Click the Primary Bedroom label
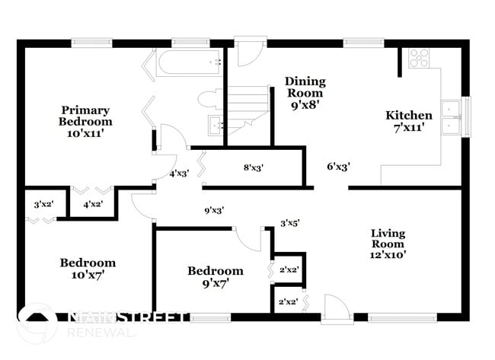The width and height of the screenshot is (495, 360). (x=85, y=121)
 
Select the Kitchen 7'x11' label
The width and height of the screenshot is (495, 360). (x=409, y=121)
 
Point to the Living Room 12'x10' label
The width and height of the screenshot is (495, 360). (x=388, y=244)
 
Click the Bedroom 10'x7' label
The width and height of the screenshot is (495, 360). (x=88, y=269)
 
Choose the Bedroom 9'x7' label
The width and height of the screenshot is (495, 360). (x=216, y=277)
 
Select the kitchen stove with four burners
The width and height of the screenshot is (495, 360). (x=419, y=59)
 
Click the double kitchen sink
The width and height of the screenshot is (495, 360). (x=454, y=117)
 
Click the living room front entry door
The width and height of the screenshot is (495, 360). (x=335, y=308)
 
